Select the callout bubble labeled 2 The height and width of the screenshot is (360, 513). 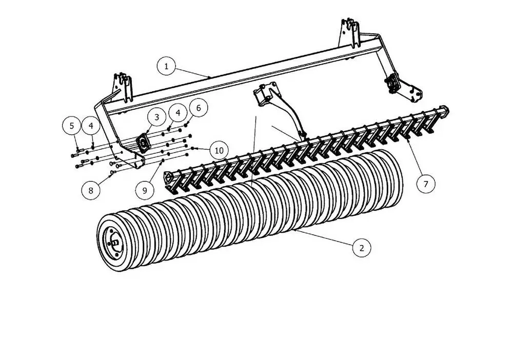(362, 248)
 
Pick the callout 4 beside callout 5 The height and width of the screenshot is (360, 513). (91, 125)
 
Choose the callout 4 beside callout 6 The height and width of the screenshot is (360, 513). (177, 112)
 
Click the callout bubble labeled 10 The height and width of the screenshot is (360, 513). (219, 150)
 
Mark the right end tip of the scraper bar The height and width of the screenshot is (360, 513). (446, 109)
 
